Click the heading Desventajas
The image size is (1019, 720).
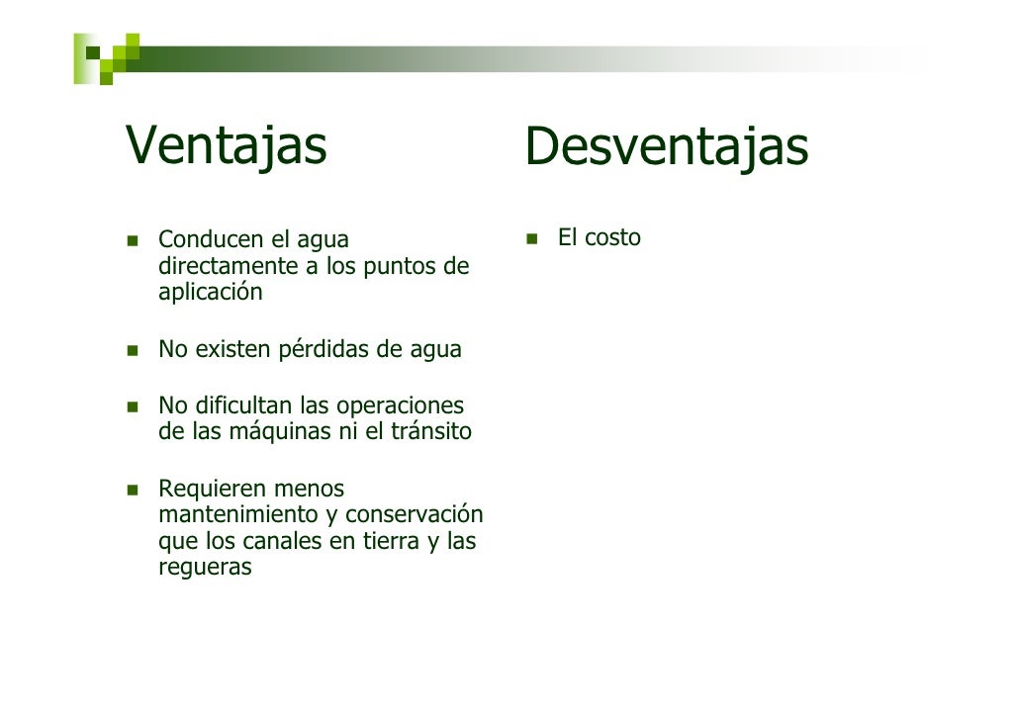coord(666,147)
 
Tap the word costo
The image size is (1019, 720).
coord(612,238)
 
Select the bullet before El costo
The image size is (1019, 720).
coord(531,238)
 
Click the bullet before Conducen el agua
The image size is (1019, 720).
coord(132,240)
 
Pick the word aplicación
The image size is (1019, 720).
coord(211,294)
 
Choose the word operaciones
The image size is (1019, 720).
coord(400,406)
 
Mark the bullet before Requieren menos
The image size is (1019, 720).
coord(132,490)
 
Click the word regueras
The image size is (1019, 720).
coord(205,569)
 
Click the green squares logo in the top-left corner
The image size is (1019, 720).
coord(106,57)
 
